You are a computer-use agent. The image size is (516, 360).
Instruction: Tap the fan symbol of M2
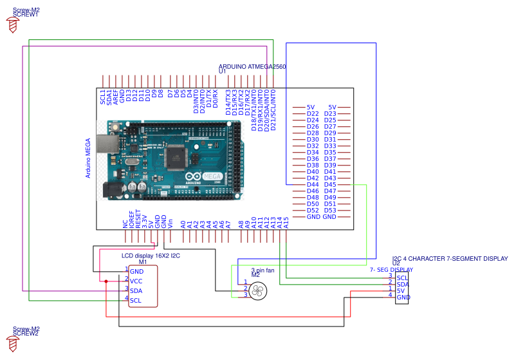click(257, 290)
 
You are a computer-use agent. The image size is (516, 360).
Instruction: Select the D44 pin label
click(313, 185)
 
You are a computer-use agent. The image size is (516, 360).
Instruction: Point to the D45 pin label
click(330, 185)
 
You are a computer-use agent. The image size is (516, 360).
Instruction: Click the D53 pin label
click(330, 211)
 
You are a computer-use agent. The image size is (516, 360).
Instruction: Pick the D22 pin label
click(313, 114)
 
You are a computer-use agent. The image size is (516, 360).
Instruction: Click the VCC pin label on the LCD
click(136, 281)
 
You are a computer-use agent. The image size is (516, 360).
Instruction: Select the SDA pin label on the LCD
click(136, 291)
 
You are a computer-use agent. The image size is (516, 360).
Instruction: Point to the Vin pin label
click(170, 223)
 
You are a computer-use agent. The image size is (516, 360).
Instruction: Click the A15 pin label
click(286, 222)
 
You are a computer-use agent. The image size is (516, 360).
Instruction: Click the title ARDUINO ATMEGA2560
click(252, 66)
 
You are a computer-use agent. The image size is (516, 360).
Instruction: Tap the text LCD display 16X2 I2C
click(151, 256)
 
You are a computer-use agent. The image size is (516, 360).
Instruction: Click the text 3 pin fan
click(263, 270)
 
